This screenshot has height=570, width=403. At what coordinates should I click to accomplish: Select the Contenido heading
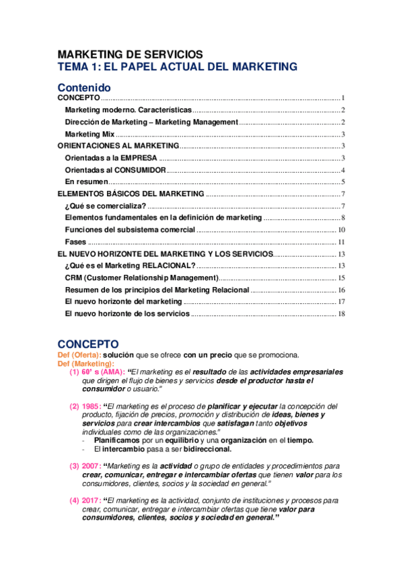84,87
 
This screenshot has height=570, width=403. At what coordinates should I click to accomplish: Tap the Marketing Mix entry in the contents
85,134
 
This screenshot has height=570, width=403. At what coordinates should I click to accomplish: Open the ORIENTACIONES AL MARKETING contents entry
118,145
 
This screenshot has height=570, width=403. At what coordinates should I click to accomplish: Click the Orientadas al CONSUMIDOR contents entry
115,169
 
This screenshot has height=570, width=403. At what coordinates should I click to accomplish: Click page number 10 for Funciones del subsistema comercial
341,230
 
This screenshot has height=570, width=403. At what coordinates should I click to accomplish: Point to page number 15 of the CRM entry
341,278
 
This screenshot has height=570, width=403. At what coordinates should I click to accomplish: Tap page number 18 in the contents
341,314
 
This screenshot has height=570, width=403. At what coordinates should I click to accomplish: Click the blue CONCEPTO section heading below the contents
88,343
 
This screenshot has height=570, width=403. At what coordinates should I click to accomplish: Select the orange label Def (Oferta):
79,355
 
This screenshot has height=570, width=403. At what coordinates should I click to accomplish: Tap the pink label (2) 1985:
85,406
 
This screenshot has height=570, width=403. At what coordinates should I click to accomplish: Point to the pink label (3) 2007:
85,466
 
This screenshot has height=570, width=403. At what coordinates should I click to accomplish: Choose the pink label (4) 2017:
85,501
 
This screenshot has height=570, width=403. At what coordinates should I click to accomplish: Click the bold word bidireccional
203,448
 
